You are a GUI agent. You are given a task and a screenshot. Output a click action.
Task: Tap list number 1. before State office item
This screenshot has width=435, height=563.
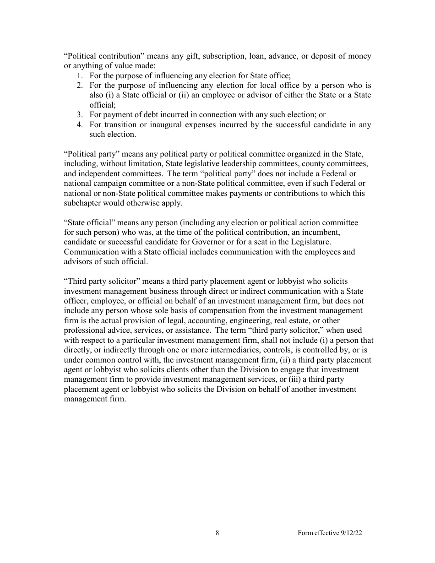(79, 76)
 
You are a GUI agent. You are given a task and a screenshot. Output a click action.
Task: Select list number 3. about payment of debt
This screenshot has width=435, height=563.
(79, 114)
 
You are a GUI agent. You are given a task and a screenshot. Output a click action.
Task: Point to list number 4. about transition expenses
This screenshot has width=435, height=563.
(79, 125)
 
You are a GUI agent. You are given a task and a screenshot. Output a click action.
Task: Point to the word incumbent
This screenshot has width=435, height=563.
(320, 232)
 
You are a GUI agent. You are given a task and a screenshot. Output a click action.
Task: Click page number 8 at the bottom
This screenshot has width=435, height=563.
(217, 533)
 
